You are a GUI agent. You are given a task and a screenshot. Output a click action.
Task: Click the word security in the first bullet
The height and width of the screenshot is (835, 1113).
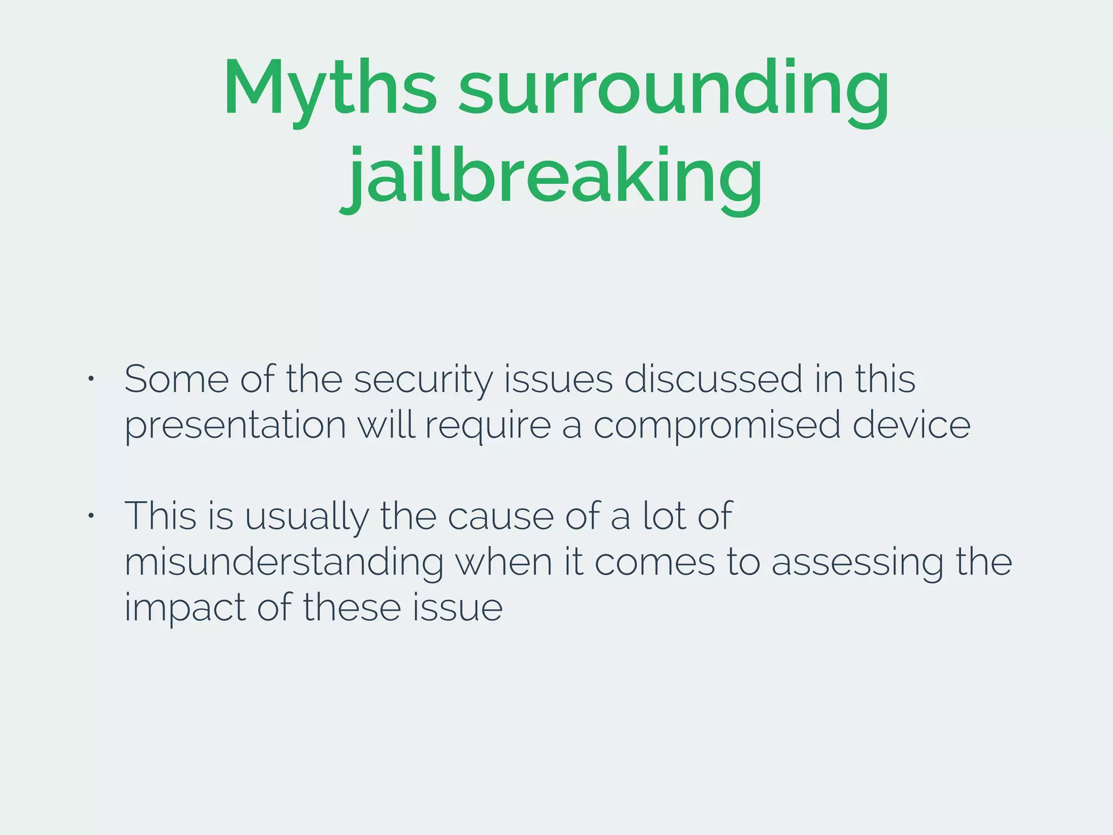423,379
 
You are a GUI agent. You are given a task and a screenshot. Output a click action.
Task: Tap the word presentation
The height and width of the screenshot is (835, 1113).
235,425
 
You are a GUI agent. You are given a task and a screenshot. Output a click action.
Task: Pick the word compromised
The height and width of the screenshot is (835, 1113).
716,425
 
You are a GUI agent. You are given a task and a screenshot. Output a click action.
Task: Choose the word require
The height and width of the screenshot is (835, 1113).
487,425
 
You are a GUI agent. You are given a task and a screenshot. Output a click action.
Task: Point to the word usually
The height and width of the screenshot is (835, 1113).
307,516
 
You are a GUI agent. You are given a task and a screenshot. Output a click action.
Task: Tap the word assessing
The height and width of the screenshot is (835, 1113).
858,562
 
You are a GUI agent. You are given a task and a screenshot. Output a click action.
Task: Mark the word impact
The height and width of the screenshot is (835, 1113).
185,608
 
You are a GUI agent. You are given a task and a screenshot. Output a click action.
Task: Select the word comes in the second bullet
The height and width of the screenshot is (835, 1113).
654,562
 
